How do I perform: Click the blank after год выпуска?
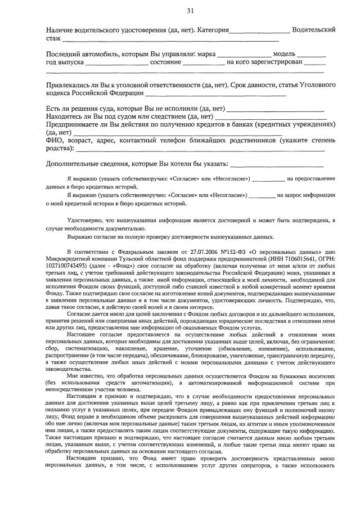click(x=112, y=64)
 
